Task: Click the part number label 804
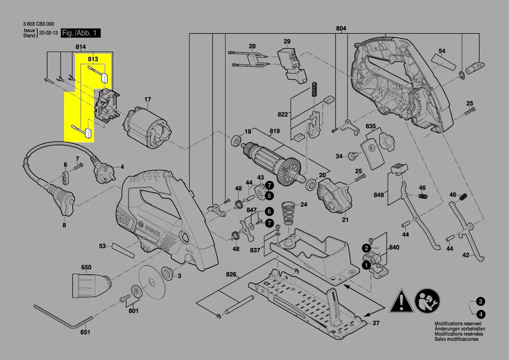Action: point(341,29)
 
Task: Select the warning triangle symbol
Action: point(400,301)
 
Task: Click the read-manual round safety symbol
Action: point(428,301)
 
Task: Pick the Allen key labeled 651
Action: point(61,316)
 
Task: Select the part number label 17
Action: point(148,99)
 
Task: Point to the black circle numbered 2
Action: point(367,248)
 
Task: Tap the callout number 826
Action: point(231,275)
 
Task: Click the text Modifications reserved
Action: point(458,324)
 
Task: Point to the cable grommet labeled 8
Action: point(61,201)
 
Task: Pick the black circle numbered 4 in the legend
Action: point(480,314)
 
